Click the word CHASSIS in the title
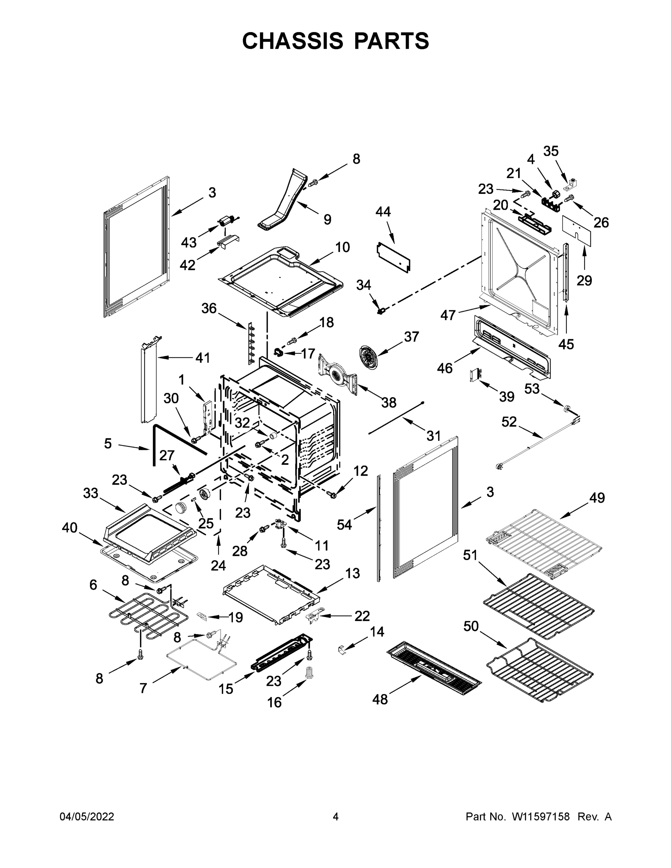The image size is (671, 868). pyautogui.click(x=293, y=41)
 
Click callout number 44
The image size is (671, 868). pyautogui.click(x=383, y=212)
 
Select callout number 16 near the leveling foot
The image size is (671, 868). pyautogui.click(x=274, y=703)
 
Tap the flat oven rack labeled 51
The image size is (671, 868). pyautogui.click(x=539, y=605)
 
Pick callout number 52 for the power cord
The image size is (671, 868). pyautogui.click(x=509, y=422)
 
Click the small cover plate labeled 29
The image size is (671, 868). pyautogui.click(x=576, y=230)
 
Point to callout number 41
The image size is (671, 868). pyautogui.click(x=203, y=358)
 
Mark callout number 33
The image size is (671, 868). pyautogui.click(x=91, y=493)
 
